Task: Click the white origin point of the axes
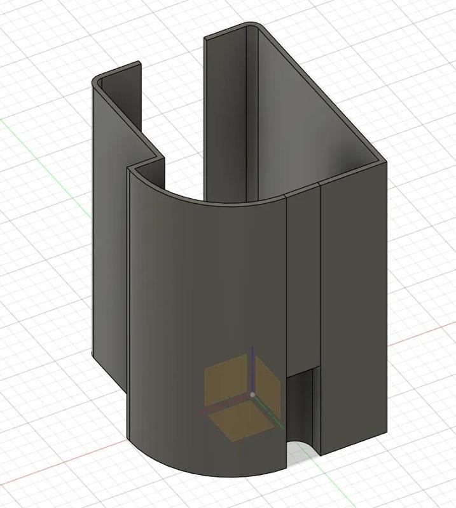point(252,394)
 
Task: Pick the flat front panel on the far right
point(353,305)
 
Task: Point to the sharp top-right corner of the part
point(385,161)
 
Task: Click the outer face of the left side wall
point(108,222)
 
